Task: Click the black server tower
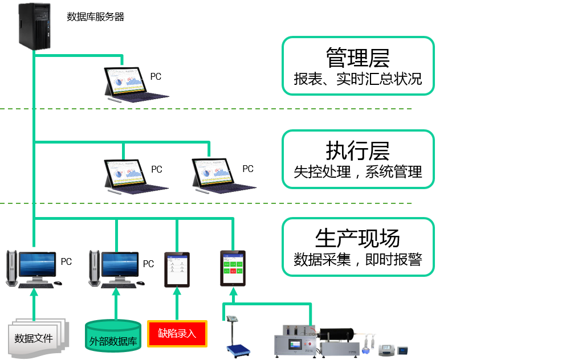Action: [35, 26]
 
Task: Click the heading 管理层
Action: [357, 58]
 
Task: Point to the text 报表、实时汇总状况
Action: [357, 79]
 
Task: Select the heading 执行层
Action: [357, 152]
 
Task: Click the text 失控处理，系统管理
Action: [357, 171]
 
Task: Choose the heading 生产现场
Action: [357, 238]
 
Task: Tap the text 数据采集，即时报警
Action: [357, 260]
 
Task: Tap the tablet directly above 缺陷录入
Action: [177, 269]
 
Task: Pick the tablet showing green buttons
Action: [233, 268]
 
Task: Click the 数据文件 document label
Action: [34, 338]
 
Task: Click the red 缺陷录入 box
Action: [177, 334]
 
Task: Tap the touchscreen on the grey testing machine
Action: [296, 345]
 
